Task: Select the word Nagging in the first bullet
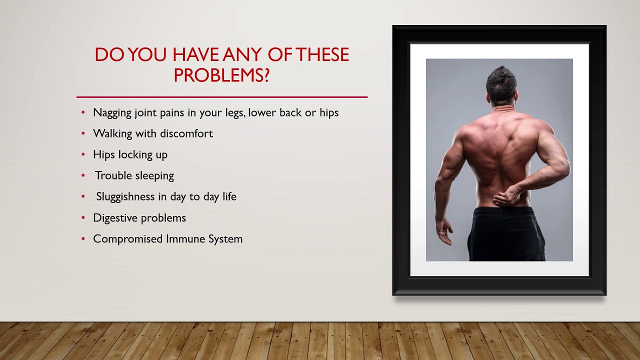tap(112, 112)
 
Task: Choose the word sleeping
tap(154, 176)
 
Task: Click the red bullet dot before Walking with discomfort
tap(83, 134)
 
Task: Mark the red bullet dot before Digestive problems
tap(83, 218)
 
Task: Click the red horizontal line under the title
tap(221, 96)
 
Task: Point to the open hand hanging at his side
tap(443, 231)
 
